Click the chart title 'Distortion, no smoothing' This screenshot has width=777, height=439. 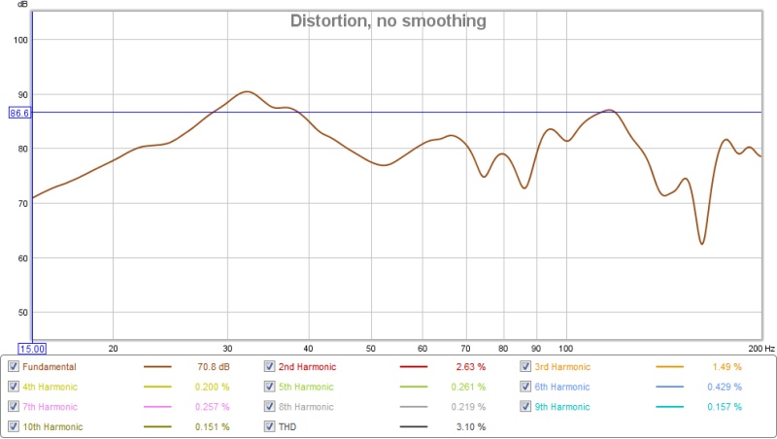[388, 20]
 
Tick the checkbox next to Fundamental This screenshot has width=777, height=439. [14, 367]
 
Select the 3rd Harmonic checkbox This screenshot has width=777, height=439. [525, 367]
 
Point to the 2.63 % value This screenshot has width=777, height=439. [470, 367]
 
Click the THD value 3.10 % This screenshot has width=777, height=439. [470, 426]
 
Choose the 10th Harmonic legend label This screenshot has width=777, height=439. [52, 426]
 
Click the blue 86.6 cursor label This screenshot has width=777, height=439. [19, 113]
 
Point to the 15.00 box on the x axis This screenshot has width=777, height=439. [33, 348]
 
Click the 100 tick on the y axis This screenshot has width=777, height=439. [20, 40]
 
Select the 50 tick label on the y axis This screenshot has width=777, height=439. [20, 313]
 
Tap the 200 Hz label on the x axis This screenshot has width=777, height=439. [760, 348]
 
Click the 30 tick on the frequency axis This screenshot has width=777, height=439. [227, 348]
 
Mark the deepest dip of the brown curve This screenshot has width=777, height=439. [701, 243]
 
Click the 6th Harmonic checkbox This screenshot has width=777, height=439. [525, 387]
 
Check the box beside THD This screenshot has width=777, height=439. [270, 426]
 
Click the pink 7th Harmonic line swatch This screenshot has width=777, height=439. [157, 407]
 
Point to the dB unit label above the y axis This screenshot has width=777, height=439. [22, 5]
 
